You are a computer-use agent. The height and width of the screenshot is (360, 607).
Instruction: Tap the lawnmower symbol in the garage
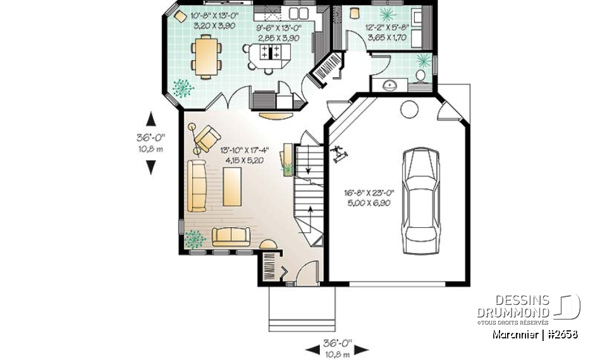tap(340, 154)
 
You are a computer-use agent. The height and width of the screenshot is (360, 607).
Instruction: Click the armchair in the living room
tap(206, 138)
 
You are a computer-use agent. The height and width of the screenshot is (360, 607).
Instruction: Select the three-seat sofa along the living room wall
tap(197, 186)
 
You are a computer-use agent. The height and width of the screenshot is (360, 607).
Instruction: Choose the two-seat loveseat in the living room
tap(231, 237)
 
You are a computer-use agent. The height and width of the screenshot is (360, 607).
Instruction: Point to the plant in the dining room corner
tap(181, 88)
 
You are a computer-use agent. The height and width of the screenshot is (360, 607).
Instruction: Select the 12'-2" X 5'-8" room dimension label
tap(387, 32)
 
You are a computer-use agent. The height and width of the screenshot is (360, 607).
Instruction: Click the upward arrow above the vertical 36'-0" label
tap(150, 118)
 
